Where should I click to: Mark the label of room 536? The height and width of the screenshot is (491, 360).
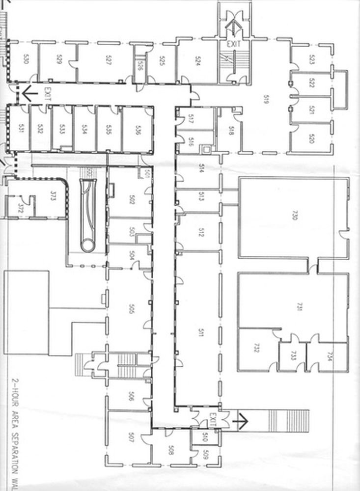coord(139,130)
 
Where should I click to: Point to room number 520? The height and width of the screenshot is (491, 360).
coord(311,138)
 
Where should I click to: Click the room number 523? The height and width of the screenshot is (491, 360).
coord(311,59)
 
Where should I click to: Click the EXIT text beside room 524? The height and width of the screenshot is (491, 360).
coord(232,44)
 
